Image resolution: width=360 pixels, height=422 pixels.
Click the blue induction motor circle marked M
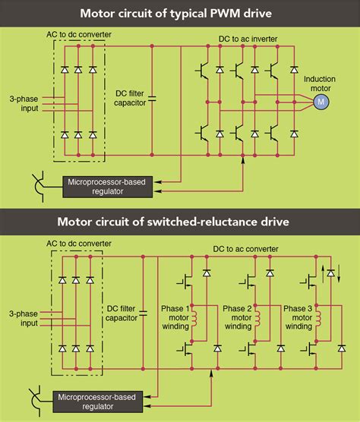[320, 101]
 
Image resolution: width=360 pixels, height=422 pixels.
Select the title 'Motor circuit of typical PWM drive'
[180, 12]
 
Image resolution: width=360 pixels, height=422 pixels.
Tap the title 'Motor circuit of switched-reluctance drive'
[180, 222]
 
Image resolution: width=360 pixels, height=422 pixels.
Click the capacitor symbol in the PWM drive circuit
[153, 98]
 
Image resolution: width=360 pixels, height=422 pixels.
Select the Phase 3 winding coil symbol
[318, 320]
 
